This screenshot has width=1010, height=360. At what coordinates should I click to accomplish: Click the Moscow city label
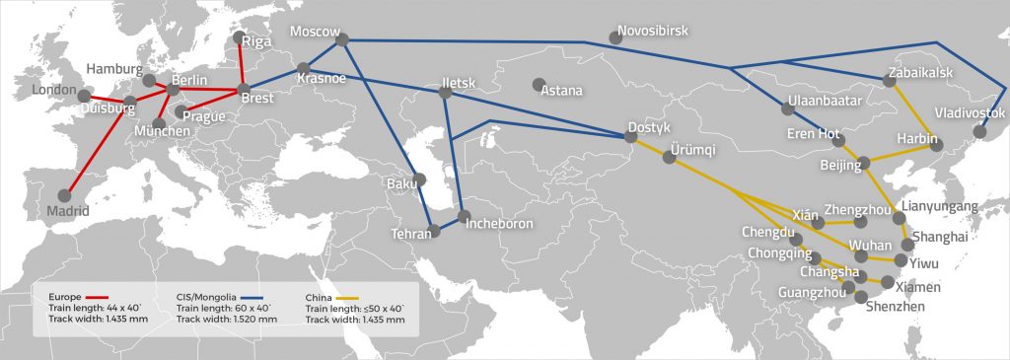click(314, 32)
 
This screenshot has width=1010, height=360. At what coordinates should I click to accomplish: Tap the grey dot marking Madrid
click(66, 196)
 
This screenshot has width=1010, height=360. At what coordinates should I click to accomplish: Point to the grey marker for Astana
click(539, 84)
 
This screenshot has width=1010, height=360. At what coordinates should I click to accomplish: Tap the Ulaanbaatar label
click(825, 101)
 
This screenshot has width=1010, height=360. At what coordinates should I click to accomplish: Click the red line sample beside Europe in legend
click(97, 296)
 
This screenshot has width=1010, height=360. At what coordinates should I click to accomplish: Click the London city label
click(54, 90)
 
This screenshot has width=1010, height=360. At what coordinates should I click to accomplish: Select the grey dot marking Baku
click(420, 180)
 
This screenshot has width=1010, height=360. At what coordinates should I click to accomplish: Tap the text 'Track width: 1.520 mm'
click(227, 320)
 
